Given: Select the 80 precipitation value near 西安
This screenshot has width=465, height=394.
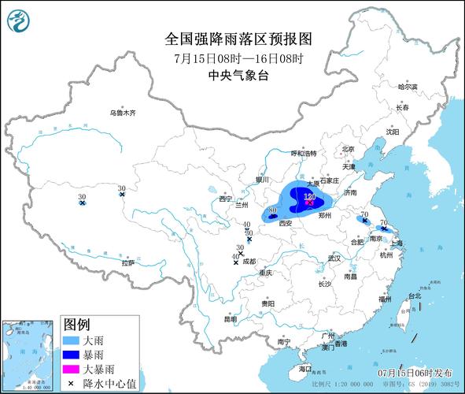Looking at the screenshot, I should click(272, 211).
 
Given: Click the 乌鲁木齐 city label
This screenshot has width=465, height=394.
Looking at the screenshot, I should click(123, 113).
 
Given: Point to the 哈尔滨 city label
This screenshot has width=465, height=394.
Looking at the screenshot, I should click(408, 87).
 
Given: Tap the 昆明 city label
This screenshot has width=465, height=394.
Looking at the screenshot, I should click(230, 319).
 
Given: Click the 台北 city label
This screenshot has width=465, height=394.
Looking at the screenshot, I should click(414, 297).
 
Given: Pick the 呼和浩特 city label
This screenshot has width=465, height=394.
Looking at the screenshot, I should click(303, 153).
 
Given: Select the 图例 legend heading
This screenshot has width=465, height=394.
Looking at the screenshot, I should click(76, 325).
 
